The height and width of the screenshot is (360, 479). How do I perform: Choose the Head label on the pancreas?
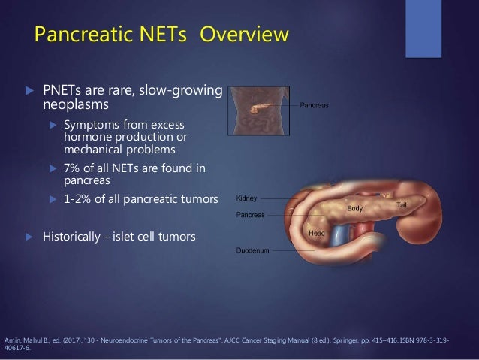coord(318,234)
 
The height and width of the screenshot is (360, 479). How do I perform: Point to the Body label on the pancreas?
coord(356,207)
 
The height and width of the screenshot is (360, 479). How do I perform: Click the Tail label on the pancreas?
coord(403,204)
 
